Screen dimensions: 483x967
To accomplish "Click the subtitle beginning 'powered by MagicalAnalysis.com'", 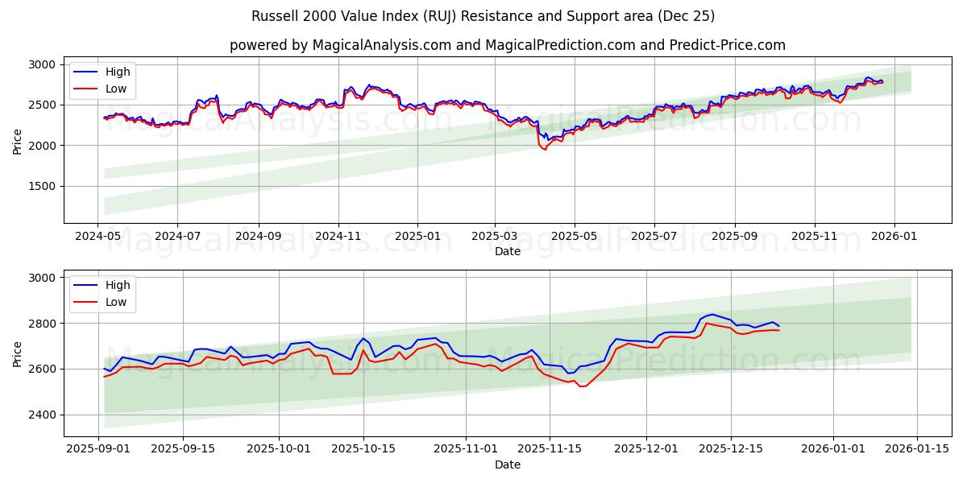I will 507,45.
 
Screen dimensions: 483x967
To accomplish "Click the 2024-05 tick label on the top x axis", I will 98,237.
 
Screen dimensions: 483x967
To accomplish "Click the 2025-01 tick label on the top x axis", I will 417,237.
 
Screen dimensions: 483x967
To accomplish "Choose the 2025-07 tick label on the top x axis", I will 654,237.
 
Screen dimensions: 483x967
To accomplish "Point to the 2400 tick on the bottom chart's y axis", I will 41,415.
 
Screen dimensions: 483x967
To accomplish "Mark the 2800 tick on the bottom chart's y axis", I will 41,324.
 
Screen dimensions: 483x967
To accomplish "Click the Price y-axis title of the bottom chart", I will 18,353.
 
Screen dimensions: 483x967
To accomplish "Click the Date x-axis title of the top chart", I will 507,251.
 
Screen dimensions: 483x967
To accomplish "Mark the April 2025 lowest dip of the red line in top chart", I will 545,149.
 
